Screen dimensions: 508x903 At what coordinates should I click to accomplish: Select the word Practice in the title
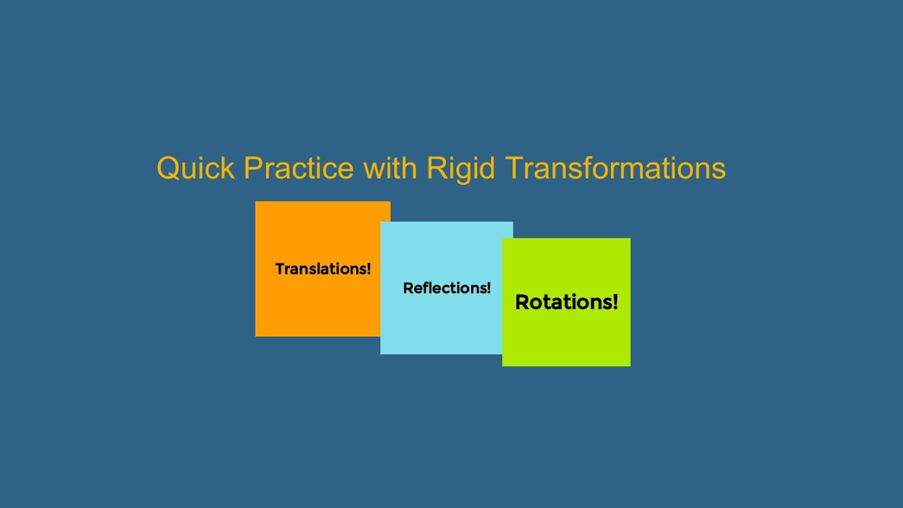click(298, 169)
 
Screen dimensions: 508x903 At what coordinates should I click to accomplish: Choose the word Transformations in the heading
click(615, 169)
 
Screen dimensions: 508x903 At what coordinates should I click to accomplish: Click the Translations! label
click(322, 269)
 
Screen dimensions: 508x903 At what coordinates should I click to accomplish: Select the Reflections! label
click(447, 288)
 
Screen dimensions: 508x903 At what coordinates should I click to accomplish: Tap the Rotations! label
click(566, 302)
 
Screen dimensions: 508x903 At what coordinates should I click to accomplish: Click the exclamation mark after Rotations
click(614, 302)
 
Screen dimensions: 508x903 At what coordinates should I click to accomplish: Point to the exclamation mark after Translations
click(368, 269)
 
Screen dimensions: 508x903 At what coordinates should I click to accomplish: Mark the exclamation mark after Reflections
click(488, 288)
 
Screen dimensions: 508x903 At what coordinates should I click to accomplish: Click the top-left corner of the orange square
click(256, 202)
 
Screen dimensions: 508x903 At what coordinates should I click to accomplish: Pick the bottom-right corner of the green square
click(630, 365)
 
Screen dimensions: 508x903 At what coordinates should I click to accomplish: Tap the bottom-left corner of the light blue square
click(381, 353)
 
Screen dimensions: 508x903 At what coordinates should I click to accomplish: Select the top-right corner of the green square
click(630, 238)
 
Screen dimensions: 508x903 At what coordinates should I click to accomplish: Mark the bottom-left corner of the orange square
click(256, 336)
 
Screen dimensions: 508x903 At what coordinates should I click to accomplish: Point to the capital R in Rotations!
click(523, 302)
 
